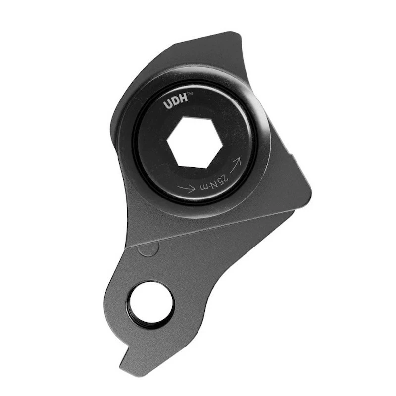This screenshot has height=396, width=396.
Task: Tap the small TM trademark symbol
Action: [x=190, y=94]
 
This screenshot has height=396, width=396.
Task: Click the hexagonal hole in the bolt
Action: [x=195, y=143]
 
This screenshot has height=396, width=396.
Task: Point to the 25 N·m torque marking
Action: [x=214, y=182]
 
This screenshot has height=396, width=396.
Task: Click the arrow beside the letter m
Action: [x=187, y=188]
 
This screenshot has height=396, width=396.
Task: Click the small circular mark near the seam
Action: [x=148, y=249]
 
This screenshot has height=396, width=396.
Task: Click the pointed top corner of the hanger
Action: [x=238, y=33]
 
